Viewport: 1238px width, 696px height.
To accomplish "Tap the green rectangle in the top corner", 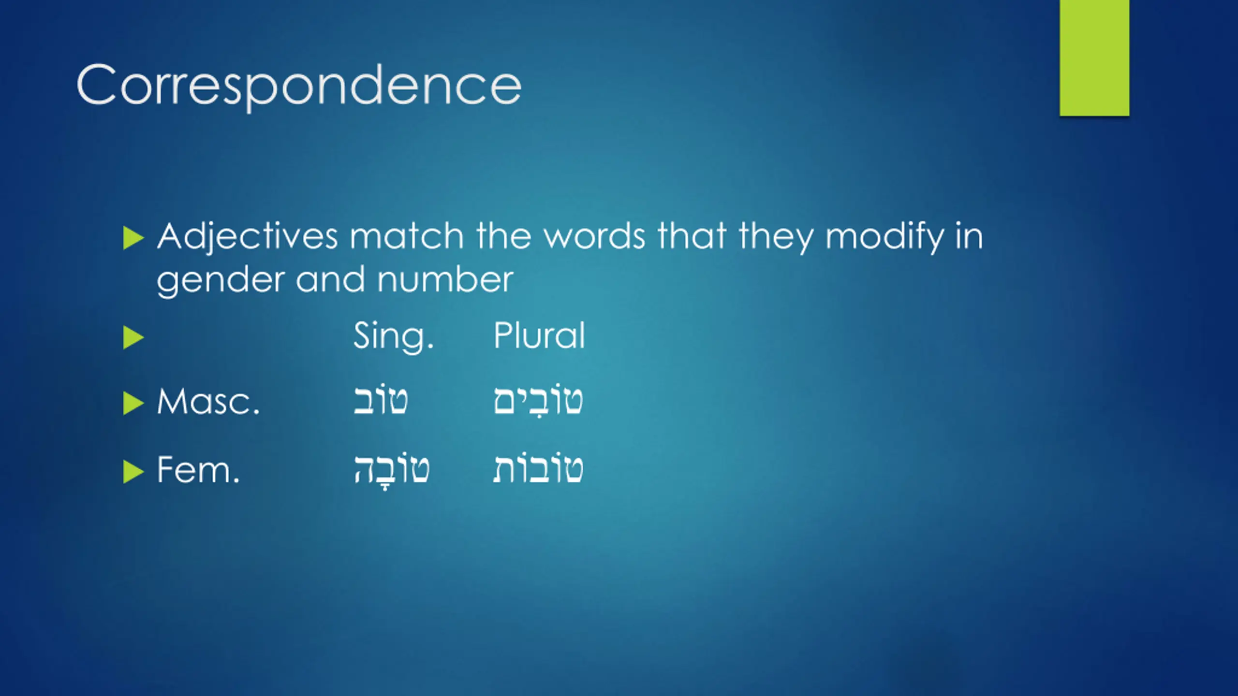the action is coord(1094,58).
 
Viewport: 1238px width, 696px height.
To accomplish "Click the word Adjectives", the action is coord(247,237).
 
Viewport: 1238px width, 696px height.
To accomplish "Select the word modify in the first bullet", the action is coord(884,237).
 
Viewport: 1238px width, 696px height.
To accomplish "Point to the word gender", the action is coord(221,281).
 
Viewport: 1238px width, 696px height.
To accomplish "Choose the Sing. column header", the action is coord(394,336).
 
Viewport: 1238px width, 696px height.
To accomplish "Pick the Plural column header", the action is coord(539,334).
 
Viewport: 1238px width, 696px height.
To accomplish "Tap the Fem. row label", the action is coord(198,470).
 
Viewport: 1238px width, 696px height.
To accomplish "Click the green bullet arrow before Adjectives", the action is coord(133,238).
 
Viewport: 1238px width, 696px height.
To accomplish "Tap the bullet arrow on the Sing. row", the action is coord(133,337).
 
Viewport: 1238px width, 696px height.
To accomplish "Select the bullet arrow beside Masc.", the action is coord(133,404).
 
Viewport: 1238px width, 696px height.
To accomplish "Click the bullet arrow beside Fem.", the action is coord(133,472).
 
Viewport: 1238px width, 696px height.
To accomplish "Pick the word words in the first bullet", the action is coord(595,236).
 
